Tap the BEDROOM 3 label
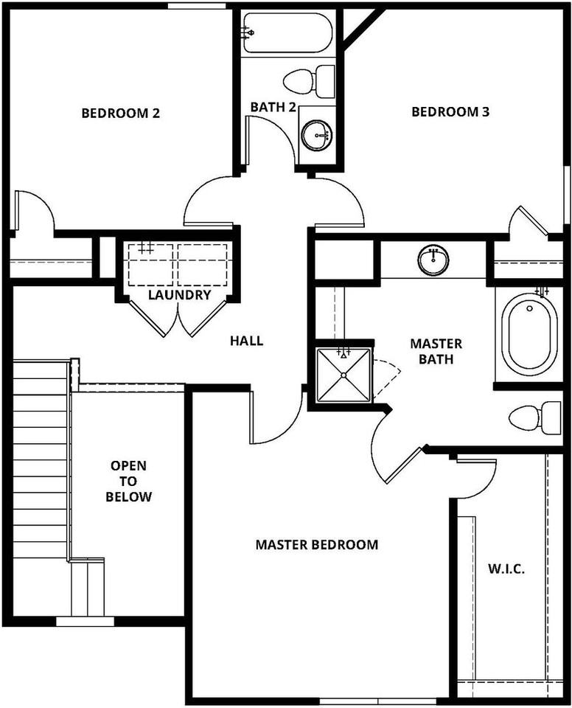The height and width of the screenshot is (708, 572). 450,112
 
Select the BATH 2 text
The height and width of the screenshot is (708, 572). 273,107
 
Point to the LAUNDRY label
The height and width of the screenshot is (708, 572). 179,295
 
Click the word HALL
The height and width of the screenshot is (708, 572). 246,341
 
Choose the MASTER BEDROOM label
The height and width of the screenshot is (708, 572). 317,545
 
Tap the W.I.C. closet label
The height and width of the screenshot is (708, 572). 506,569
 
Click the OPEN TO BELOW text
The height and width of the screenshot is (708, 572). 129,481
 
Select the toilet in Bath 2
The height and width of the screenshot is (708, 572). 309,80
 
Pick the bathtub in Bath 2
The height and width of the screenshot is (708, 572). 287,33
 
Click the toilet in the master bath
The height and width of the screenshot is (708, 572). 534,417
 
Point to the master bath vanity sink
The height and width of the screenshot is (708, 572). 433,260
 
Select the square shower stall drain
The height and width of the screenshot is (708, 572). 344,375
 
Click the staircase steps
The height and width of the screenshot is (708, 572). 41,457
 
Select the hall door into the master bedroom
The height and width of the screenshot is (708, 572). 276,420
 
